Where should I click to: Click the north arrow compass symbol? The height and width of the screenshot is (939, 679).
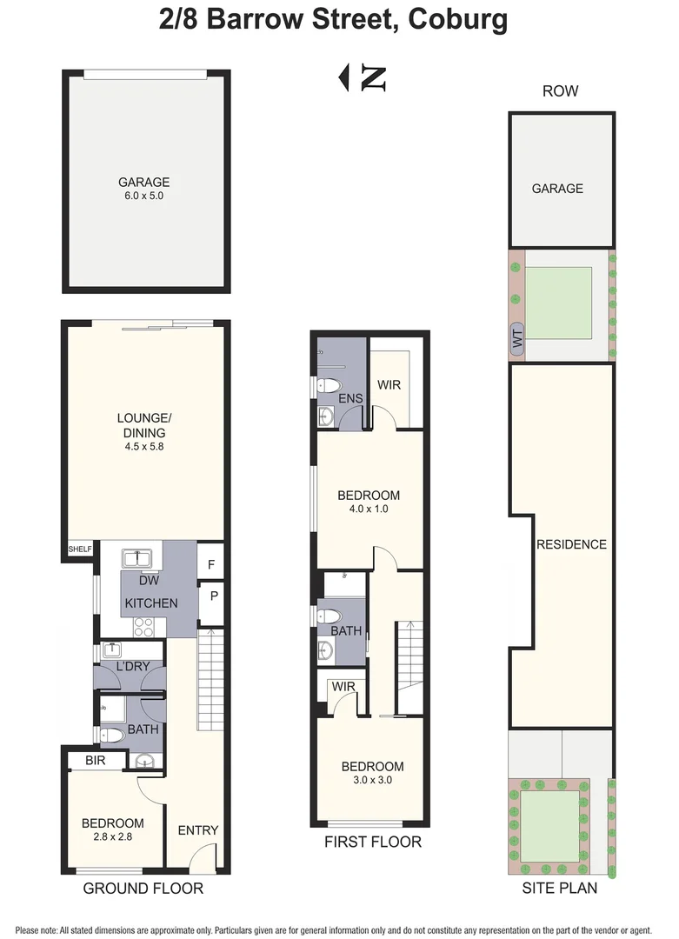point(363,78)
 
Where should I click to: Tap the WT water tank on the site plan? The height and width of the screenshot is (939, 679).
point(517,340)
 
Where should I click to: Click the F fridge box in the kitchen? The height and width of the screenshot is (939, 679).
point(210,564)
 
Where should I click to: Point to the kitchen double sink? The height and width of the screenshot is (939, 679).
point(136,559)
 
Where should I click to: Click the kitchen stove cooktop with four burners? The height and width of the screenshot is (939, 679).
point(143,627)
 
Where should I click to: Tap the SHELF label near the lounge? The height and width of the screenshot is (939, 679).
point(80,549)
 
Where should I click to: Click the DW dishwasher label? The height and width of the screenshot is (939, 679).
point(149,580)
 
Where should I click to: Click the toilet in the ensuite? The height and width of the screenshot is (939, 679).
point(328,385)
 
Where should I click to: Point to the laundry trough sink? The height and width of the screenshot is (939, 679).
point(112,649)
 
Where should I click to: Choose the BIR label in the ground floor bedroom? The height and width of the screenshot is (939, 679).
point(96,761)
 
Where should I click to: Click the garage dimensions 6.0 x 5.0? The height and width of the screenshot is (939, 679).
point(143,196)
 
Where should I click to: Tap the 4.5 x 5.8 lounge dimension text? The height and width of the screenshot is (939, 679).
point(144,446)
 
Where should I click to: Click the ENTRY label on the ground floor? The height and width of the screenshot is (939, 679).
point(198,830)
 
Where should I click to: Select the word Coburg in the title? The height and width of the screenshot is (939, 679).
point(458,19)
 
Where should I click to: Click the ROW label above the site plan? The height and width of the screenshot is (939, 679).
point(561,91)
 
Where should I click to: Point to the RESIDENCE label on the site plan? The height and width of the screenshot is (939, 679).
point(571,544)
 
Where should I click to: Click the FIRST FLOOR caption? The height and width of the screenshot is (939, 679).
point(373,842)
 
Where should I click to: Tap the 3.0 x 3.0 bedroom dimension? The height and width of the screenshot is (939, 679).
point(372,780)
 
